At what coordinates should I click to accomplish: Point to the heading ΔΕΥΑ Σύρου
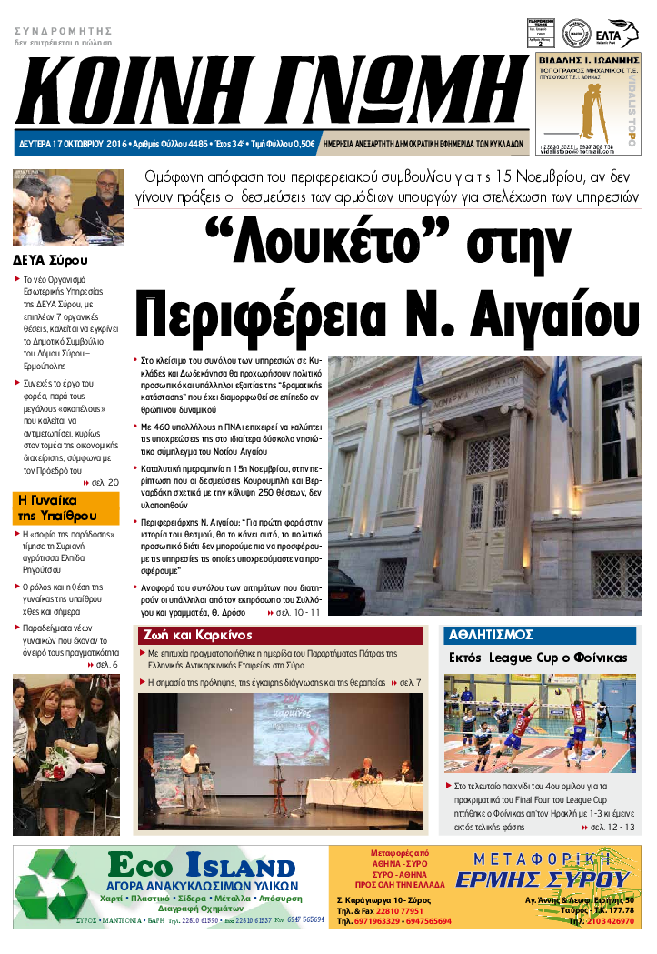point(50,259)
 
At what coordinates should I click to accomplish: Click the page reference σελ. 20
point(105,481)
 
